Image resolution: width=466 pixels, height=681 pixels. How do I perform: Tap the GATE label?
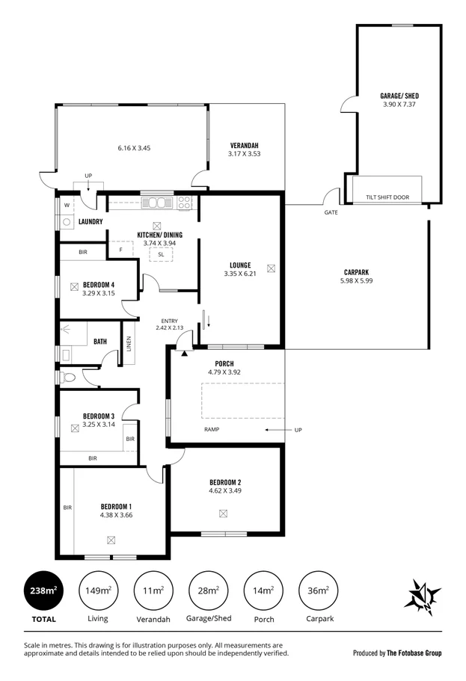[331, 212]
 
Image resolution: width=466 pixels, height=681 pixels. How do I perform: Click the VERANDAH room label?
[244, 145]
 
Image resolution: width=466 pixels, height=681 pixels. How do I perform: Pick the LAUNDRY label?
[90, 221]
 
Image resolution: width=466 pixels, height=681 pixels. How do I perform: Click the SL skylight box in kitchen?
[161, 254]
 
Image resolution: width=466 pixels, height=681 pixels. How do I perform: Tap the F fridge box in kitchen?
[120, 250]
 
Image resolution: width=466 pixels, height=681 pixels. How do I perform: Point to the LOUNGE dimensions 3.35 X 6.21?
[239, 274]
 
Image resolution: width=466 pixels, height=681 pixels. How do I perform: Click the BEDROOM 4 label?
[98, 285]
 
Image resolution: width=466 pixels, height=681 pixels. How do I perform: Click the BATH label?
[100, 342]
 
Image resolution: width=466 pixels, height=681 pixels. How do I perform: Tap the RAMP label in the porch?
[212, 430]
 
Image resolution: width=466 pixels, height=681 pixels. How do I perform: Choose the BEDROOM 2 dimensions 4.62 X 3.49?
[224, 491]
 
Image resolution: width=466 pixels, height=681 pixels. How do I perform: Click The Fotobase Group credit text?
[414, 653]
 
